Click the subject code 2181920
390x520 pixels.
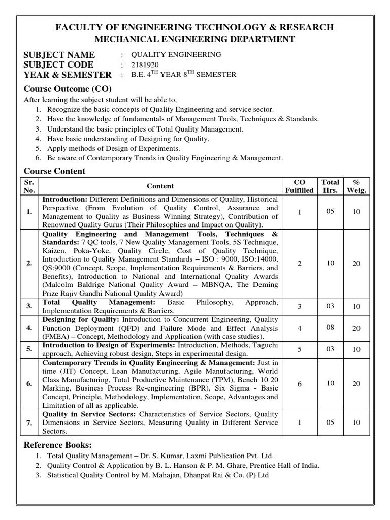pyautogui.click(x=145, y=65)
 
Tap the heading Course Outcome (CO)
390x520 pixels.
pyautogui.click(x=68, y=88)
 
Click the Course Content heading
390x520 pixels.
pyautogui.click(x=55, y=171)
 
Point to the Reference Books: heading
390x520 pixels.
pyautogui.click(x=58, y=445)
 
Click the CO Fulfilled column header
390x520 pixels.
pyautogui.click(x=299, y=186)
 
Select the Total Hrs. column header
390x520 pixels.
pyautogui.click(x=330, y=186)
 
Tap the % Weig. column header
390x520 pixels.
pyautogui.click(x=356, y=186)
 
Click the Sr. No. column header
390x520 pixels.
pyautogui.click(x=29, y=186)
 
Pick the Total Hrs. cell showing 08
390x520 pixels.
pyautogui.click(x=330, y=328)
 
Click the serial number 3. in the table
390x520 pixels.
pyautogui.click(x=29, y=306)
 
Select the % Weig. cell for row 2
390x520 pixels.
pyautogui.click(x=356, y=263)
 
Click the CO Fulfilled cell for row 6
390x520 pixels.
pyautogui.click(x=299, y=384)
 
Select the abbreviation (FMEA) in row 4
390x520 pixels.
pyautogui.click(x=56, y=337)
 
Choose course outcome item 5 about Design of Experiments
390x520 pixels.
pyautogui.click(x=113, y=148)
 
